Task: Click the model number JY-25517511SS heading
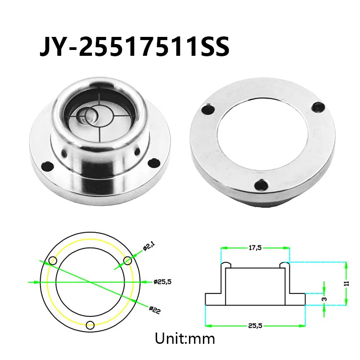pos(135,46)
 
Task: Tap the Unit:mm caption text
pos(185,338)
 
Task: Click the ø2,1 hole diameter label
pos(149,247)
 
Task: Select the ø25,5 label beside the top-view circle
pos(162,282)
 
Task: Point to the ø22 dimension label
pos(155,310)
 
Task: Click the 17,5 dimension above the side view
pos(255,248)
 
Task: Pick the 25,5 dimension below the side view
pos(255,325)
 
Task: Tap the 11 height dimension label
pos(346,283)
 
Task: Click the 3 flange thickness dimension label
pos(324,299)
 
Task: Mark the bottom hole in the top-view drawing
pos(90,325)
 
